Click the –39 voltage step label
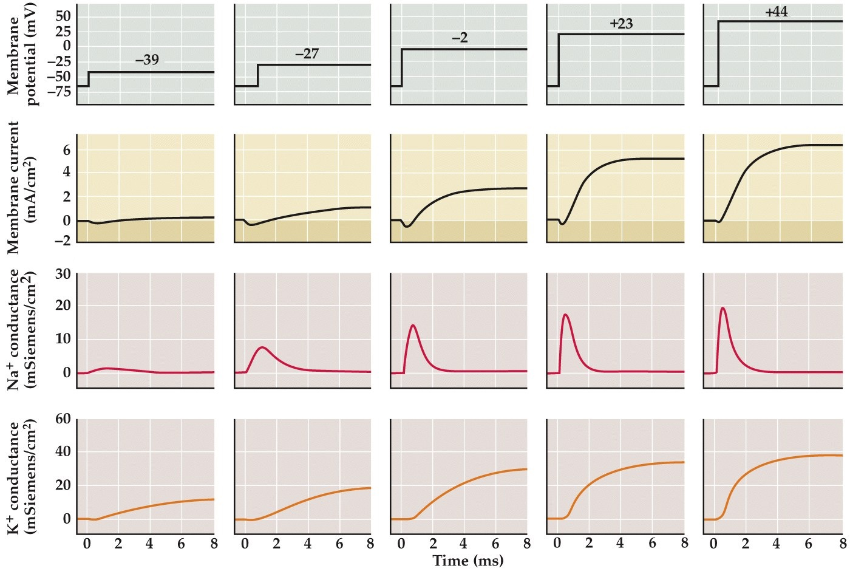coord(147,60)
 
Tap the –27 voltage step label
coord(307,53)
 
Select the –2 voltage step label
coord(460,38)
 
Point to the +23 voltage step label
coord(621,24)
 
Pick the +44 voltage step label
coord(777,12)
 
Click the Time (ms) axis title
coord(468,561)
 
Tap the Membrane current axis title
coord(22,187)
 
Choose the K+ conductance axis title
coord(22,476)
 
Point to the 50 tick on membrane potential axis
coord(63,16)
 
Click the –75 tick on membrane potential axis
coord(59,92)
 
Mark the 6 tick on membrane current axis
coord(66,150)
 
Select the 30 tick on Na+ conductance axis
coord(63,275)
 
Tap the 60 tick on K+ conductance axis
coord(63,419)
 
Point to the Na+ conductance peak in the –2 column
coord(413,325)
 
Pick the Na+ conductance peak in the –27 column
coord(262,347)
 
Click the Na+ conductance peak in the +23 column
coord(566,315)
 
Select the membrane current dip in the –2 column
coord(407,227)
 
